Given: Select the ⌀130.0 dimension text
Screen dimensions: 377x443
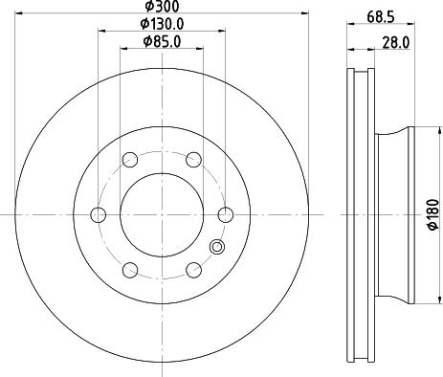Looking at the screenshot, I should coord(161,24).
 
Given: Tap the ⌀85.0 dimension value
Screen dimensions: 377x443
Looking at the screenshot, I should coord(161,41).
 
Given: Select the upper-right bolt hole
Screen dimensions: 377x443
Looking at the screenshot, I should coord(192,160).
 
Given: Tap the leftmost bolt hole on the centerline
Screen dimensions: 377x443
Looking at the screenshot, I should coord(96,214).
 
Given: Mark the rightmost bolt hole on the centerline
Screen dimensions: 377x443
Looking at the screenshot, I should coord(225,214).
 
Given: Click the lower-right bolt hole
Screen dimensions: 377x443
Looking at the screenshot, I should coord(192,270).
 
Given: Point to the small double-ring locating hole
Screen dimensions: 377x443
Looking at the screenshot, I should coord(215,249).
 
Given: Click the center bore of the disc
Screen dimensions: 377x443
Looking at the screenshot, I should coord(161,214).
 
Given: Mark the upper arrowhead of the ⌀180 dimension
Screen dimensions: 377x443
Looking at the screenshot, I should coord(422,131).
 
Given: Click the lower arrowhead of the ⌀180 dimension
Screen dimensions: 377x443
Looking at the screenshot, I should coord(422,298).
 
